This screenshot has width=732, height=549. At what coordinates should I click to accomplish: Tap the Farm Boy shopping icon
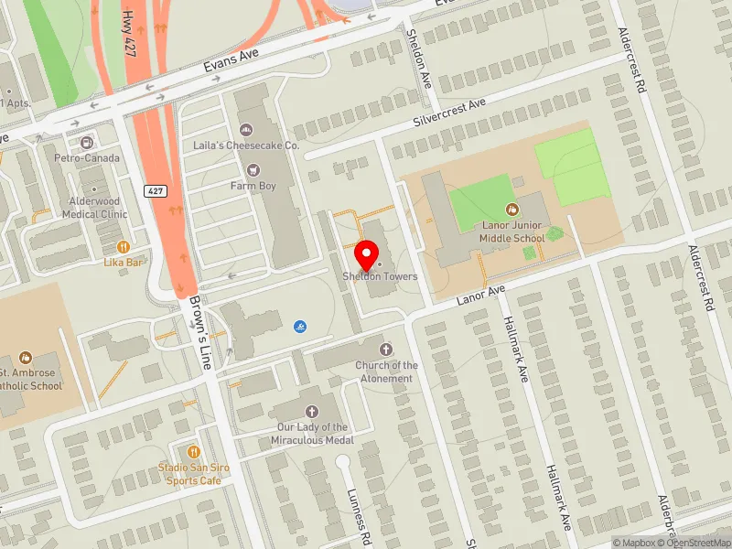pyautogui.click(x=253, y=169)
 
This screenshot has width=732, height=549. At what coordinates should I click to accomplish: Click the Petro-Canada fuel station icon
pyautogui.click(x=87, y=143)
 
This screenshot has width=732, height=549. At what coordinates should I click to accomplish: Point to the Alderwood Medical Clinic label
pyautogui.click(x=94, y=208)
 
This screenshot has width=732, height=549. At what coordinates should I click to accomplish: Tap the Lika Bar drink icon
pyautogui.click(x=124, y=246)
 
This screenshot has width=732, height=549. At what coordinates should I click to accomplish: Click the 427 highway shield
pyautogui.click(x=155, y=189)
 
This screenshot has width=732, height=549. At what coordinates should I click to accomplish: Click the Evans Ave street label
pyautogui.click(x=232, y=59)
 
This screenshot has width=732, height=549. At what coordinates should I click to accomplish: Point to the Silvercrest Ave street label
pyautogui.click(x=449, y=113)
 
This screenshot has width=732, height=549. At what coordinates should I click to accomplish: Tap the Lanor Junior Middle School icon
pyautogui.click(x=511, y=210)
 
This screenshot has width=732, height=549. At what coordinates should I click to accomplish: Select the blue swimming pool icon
pyautogui.click(x=300, y=326)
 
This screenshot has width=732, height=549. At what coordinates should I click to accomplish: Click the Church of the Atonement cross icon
pyautogui.click(x=386, y=350)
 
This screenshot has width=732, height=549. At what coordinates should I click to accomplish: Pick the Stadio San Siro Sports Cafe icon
pyautogui.click(x=193, y=452)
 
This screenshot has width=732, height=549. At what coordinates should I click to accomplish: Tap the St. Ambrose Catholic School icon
pyautogui.click(x=26, y=357)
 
